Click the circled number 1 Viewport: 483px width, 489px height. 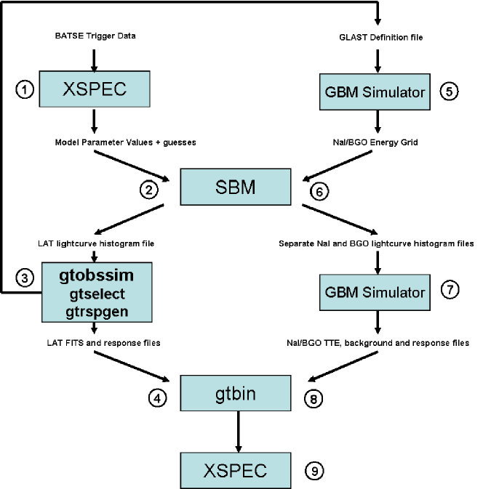(x=25, y=90)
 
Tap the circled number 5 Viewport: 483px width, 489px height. (x=449, y=92)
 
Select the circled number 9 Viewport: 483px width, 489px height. (x=314, y=471)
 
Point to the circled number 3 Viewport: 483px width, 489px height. (x=25, y=278)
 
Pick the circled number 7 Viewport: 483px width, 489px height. (x=450, y=289)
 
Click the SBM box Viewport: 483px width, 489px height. (x=236, y=187)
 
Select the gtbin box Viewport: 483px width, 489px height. (x=236, y=393)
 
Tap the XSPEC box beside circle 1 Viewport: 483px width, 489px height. (x=95, y=89)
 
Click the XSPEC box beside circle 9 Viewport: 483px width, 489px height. (x=236, y=470)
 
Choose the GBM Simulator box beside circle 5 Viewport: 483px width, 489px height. (x=375, y=92)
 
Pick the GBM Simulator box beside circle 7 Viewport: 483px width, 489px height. (x=375, y=292)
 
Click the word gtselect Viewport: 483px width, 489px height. (x=97, y=294)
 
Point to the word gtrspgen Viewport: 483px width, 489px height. (x=97, y=312)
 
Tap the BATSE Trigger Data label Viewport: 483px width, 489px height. (x=95, y=36)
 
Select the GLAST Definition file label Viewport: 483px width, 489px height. (x=381, y=38)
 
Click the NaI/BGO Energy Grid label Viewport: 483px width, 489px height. (x=375, y=142)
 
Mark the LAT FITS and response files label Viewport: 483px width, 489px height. (x=104, y=343)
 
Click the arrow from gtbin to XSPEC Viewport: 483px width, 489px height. (x=239, y=432)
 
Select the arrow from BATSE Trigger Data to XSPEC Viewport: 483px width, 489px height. (x=94, y=60)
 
